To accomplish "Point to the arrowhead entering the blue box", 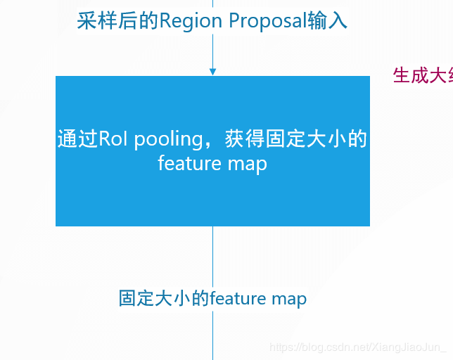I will [x=212, y=72].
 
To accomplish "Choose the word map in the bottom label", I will [x=288, y=300].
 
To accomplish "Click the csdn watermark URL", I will [x=359, y=347].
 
